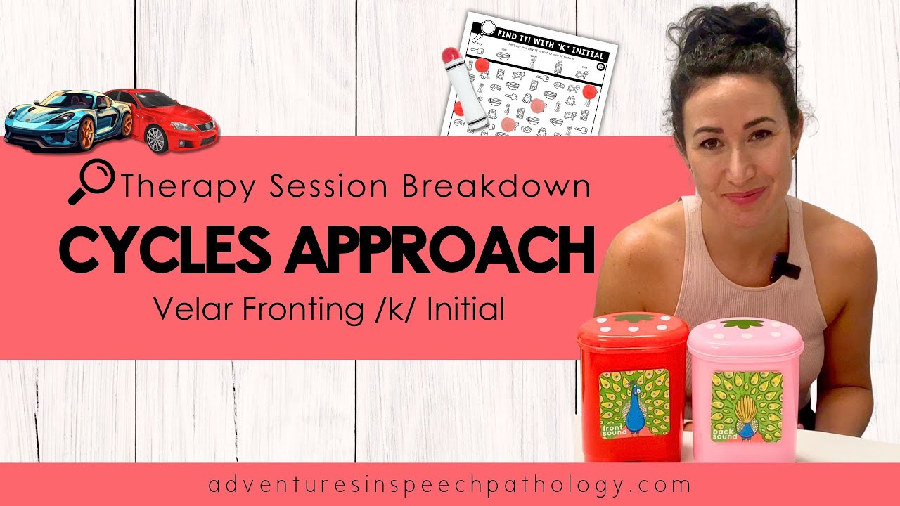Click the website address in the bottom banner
(x=449, y=485)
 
